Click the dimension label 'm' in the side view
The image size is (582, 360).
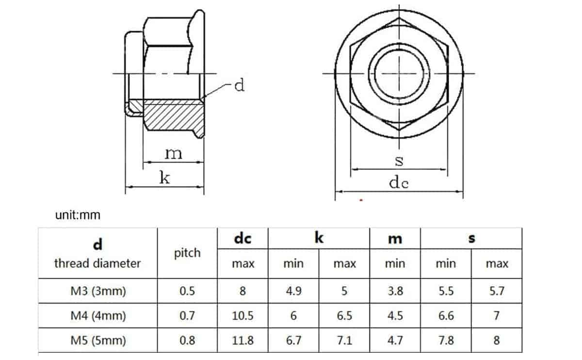[x=173, y=154]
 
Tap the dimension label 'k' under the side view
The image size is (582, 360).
[x=165, y=178]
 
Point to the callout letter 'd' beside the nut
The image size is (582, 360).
[x=239, y=86]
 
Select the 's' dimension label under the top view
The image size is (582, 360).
[x=399, y=161]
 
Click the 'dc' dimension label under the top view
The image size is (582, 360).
[x=399, y=183]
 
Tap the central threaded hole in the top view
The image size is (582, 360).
[x=399, y=73]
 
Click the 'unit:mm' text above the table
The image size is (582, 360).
[x=78, y=215]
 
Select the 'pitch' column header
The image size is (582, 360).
[x=187, y=253]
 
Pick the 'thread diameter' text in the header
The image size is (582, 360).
[x=97, y=263]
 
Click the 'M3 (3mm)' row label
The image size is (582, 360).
[x=97, y=291]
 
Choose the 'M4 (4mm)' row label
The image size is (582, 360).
[x=97, y=316]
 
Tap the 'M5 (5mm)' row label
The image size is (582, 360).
[x=97, y=341]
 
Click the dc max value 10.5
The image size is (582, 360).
[x=242, y=316]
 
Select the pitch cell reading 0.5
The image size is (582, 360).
[x=187, y=291]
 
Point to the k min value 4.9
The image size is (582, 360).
[x=293, y=291]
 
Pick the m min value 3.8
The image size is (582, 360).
[x=395, y=291]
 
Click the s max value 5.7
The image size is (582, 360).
[x=497, y=291]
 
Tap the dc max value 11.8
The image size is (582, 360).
[x=242, y=341]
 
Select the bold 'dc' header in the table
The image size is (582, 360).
[x=242, y=239]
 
